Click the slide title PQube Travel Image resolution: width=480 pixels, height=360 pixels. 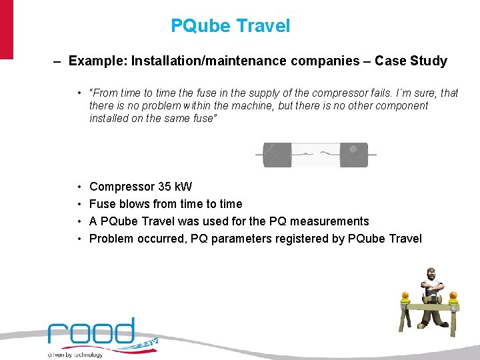[x=231, y=26]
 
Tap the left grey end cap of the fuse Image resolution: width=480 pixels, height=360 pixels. [x=277, y=155]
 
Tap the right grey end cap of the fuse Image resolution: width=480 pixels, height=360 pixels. [x=354, y=155]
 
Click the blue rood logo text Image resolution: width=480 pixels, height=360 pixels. [x=91, y=332]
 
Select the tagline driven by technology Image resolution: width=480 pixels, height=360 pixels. [x=75, y=355]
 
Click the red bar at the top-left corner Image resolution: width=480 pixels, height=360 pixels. [x=6, y=30]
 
